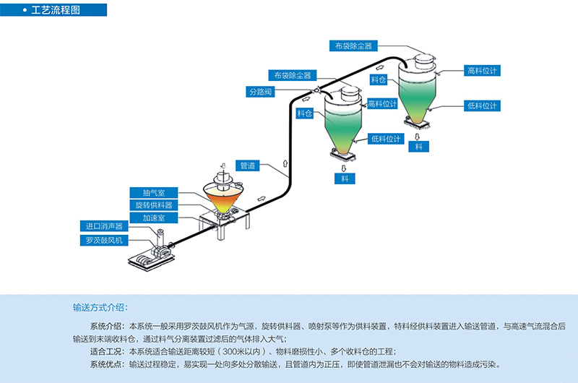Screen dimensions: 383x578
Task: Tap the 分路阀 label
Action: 260,92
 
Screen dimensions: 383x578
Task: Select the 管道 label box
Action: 247,165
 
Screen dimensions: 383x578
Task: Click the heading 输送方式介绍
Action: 100,307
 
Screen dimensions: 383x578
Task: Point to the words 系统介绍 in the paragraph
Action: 107,327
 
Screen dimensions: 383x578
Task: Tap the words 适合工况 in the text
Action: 107,350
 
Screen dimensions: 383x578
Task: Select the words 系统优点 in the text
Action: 107,363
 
